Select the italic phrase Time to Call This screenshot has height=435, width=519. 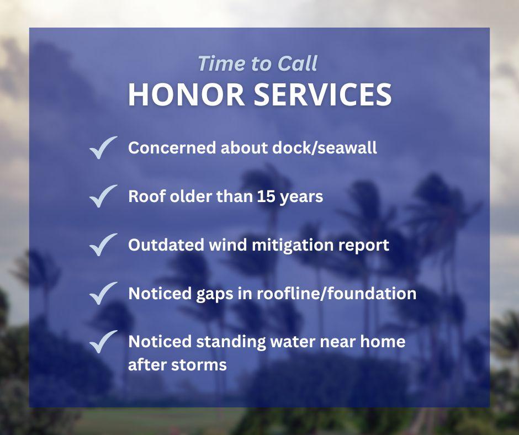click(x=257, y=63)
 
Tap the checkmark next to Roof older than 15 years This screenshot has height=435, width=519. click(x=103, y=196)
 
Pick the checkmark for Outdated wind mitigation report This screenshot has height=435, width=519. click(x=103, y=245)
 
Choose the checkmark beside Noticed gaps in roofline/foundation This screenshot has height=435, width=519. click(x=103, y=293)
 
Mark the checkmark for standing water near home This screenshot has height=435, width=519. click(x=103, y=341)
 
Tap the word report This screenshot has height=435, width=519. click(x=367, y=245)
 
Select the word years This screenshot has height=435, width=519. click(x=303, y=197)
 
